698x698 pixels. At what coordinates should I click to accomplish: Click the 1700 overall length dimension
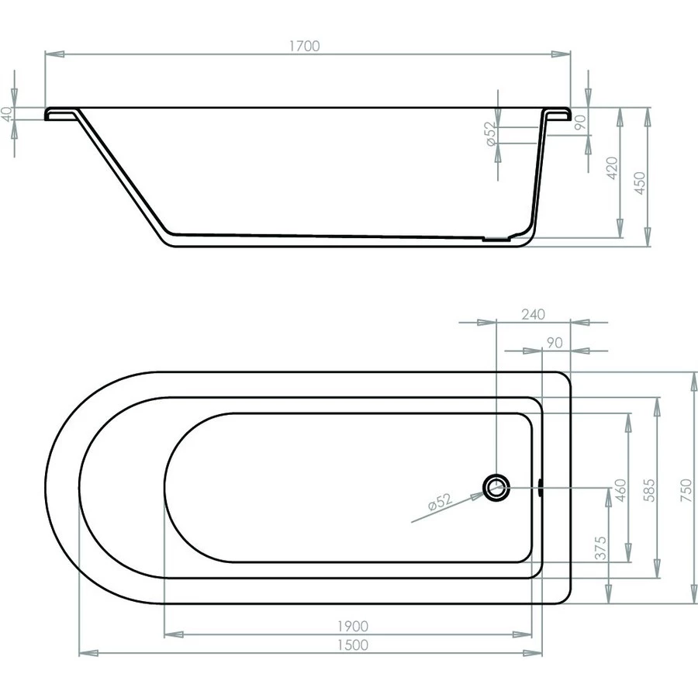[305, 47]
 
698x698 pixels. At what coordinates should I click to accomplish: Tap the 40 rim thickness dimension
[7, 113]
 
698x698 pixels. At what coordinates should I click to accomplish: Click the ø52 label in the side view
[490, 135]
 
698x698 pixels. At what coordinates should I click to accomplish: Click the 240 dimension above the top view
[534, 314]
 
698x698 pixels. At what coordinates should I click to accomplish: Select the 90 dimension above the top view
[554, 342]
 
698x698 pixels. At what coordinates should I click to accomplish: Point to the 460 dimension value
[620, 491]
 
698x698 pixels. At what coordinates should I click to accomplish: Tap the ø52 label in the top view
[439, 503]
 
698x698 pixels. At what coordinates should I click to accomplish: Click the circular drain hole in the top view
[496, 487]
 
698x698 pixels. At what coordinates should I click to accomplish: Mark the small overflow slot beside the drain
[539, 487]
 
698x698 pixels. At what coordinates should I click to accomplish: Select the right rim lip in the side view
[558, 114]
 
